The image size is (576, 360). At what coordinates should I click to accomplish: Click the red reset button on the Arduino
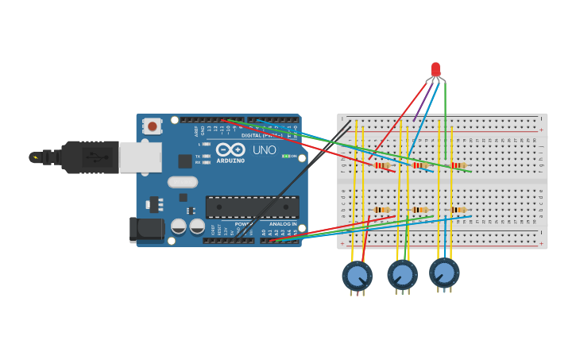click(152, 126)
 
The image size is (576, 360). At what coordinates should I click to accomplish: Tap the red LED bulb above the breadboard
click(435, 69)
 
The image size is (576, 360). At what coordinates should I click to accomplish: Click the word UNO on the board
click(265, 150)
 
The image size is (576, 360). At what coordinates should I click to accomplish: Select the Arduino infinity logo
click(230, 149)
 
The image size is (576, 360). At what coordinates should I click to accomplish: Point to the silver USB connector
click(140, 157)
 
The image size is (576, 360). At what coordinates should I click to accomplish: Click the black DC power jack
click(147, 230)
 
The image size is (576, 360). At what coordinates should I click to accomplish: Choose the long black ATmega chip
click(253, 207)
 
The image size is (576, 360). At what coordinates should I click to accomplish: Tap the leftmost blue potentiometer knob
click(358, 276)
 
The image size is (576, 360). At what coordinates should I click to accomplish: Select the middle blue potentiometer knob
click(403, 275)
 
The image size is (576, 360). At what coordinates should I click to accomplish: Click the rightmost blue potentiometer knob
click(444, 273)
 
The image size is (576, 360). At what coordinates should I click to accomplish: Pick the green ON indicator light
click(286, 157)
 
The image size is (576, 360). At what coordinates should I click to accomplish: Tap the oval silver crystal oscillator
click(183, 182)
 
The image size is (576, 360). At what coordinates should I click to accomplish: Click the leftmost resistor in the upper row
click(384, 166)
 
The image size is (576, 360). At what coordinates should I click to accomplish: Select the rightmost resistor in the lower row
click(458, 210)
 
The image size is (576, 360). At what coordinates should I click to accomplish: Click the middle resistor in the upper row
click(420, 165)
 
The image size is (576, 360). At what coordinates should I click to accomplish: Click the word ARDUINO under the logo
click(230, 161)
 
